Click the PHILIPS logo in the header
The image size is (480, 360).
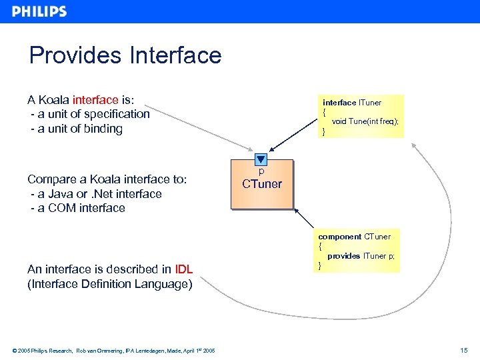click(39, 11)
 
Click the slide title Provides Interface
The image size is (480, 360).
click(125, 55)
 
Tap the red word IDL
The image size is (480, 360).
click(183, 269)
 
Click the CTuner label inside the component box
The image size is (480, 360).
click(262, 184)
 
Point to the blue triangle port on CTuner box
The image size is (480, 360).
click(261, 160)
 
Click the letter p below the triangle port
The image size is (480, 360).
click(261, 171)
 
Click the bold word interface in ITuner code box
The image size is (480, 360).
click(339, 103)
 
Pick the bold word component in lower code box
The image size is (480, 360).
click(339, 237)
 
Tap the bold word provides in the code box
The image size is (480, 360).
click(343, 256)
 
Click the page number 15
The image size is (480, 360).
click(464, 350)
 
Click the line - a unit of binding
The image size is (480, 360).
click(77, 129)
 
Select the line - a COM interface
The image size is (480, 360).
click(78, 208)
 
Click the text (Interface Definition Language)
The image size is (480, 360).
click(109, 284)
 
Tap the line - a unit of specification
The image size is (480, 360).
click(90, 114)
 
